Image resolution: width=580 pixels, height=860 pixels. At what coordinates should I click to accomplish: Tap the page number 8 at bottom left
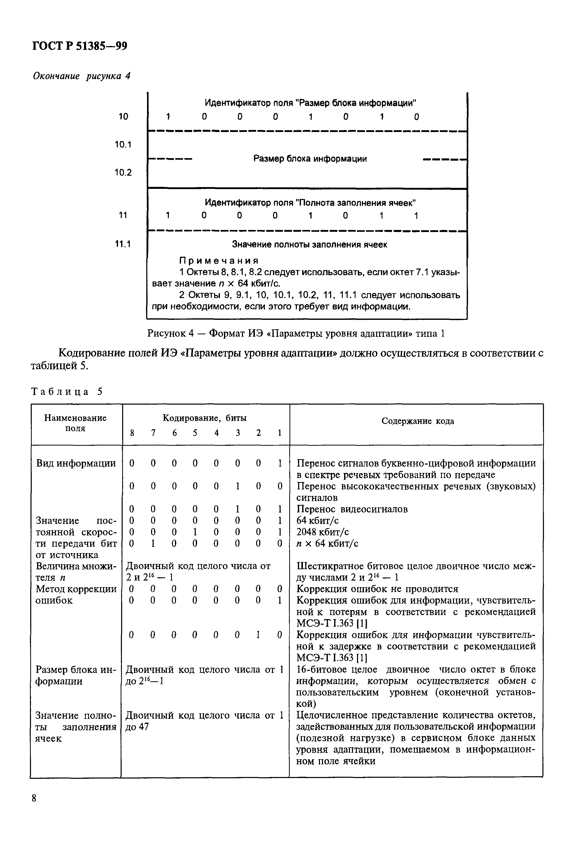click(x=34, y=798)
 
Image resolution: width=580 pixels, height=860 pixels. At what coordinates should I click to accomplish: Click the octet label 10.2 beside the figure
click(x=123, y=173)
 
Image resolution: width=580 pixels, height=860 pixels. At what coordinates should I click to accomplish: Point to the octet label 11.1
click(x=123, y=244)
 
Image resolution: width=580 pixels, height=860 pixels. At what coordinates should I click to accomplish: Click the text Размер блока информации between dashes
click(x=310, y=159)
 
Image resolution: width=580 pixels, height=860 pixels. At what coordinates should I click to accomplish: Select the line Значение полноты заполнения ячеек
click(x=309, y=244)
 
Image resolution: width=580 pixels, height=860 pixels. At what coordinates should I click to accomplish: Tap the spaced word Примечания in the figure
click(x=219, y=261)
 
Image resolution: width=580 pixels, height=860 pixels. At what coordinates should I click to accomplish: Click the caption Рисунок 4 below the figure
click(x=296, y=334)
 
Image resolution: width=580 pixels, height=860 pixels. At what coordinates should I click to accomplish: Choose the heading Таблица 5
click(x=67, y=392)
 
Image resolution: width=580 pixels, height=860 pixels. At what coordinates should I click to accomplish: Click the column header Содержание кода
click(x=418, y=421)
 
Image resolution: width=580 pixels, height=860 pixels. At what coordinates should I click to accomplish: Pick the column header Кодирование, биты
click(x=205, y=418)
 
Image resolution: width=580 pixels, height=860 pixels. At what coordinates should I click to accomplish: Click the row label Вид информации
click(x=76, y=463)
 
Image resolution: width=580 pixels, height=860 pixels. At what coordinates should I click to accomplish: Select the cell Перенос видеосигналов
click(x=352, y=509)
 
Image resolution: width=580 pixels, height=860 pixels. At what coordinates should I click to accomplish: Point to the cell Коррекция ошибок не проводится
click(x=377, y=589)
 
